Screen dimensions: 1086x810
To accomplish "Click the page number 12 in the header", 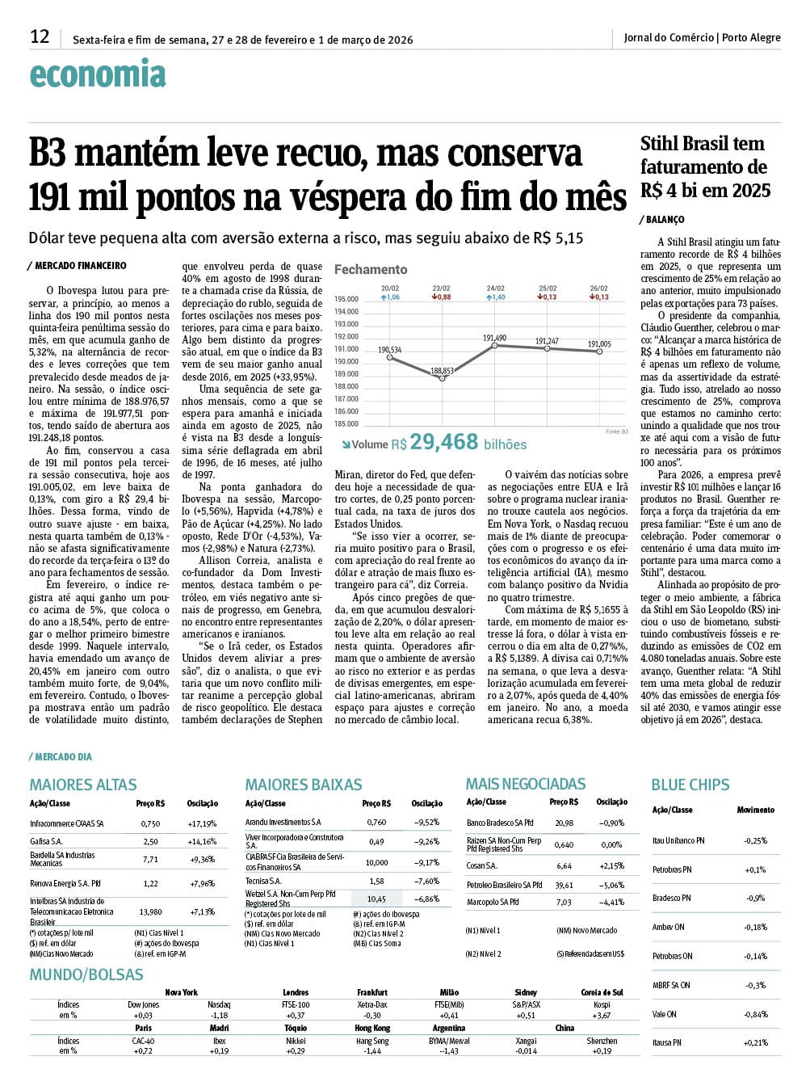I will coord(40,36).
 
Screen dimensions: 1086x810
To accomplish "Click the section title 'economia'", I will coord(97,74).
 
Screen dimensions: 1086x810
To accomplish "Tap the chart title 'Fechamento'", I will coord(371,269).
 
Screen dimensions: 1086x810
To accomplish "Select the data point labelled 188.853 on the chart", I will coord(443,378).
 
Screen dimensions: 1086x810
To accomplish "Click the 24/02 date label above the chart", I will coord(495,288).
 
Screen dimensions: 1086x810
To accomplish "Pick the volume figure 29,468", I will coord(443,442).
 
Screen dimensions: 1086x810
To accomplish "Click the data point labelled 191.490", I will coord(495,345).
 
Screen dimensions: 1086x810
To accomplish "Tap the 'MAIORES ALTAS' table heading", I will coord(83,785).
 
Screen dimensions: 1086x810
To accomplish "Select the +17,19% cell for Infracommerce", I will coord(202,823).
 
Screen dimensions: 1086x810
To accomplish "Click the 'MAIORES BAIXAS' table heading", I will coord(304,785).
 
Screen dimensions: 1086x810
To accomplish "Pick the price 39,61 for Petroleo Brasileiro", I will coord(564,885).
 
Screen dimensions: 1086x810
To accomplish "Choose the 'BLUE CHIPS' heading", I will coord(690,785).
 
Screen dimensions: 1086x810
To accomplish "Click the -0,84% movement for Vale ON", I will coord(755,1014).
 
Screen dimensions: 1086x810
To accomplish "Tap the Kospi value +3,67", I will coord(601,1016).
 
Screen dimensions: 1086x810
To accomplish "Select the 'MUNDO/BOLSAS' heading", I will coord(86,974).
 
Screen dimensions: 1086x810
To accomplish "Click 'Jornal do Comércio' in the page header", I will coord(669,37).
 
